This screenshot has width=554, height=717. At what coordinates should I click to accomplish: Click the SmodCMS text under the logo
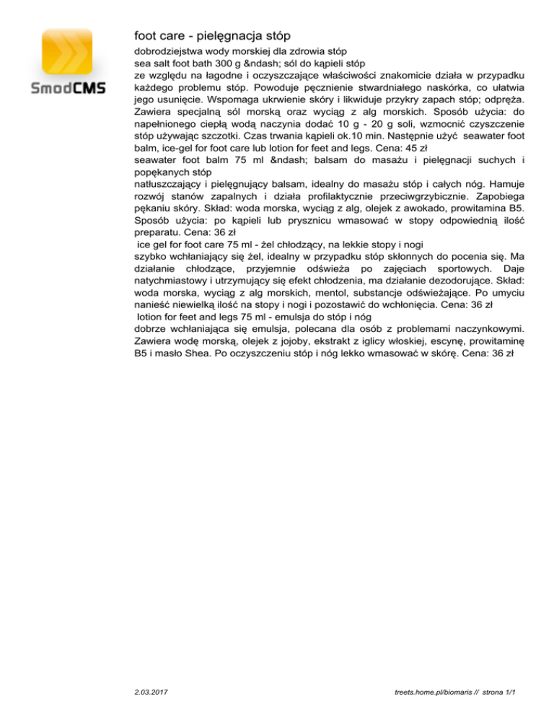68,89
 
